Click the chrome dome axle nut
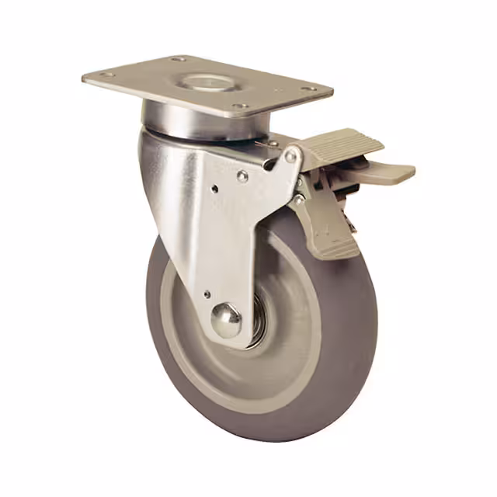point(227,319)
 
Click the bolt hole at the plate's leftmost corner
point(105,75)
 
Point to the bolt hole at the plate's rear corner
point(178,59)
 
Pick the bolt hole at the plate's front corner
point(240,106)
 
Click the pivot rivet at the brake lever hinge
point(290,156)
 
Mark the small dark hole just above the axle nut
point(207,294)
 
